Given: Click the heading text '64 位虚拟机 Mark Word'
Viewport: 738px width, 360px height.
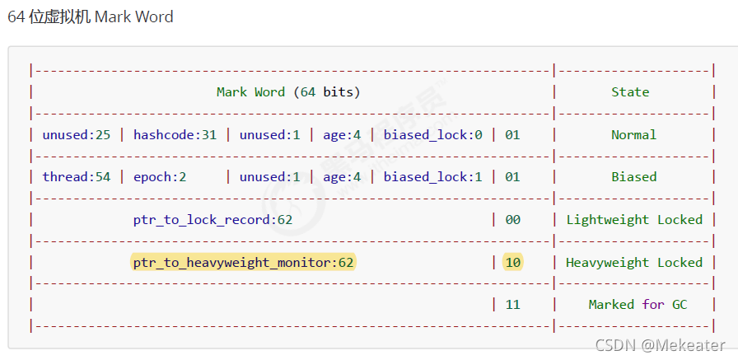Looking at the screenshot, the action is coord(91,17).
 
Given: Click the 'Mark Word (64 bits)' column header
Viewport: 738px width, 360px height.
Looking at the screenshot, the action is coord(288,92).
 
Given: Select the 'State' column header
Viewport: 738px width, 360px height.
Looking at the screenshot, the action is coord(630,92).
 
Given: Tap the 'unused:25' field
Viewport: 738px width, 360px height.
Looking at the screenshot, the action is coord(77,134).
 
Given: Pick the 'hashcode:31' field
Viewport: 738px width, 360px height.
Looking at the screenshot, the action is coord(175,134).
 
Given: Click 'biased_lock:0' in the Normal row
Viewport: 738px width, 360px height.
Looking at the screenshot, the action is coord(433,134).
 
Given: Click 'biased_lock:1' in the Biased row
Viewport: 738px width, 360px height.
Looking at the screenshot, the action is coord(433,176).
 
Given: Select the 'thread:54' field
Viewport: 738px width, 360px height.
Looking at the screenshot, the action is coord(77,176).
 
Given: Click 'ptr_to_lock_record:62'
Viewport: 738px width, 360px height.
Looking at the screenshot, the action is coord(213,220).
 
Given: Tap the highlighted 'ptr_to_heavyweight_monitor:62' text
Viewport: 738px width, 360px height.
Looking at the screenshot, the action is coord(243,263).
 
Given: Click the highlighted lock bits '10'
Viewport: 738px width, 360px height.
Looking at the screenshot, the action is coord(512,263).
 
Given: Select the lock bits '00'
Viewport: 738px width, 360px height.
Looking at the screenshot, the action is coord(512,220).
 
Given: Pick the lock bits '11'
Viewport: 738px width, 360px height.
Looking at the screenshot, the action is coord(512,305).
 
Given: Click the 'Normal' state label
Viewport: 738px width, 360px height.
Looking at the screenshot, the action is coord(633,134).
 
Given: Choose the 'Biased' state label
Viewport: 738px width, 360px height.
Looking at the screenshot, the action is coord(633,176).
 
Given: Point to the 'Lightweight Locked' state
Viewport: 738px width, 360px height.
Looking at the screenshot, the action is coord(633,220).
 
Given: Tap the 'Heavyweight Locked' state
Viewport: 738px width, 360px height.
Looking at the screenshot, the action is coord(633,263).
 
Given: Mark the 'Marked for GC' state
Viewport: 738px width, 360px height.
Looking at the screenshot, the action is coord(638,305).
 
